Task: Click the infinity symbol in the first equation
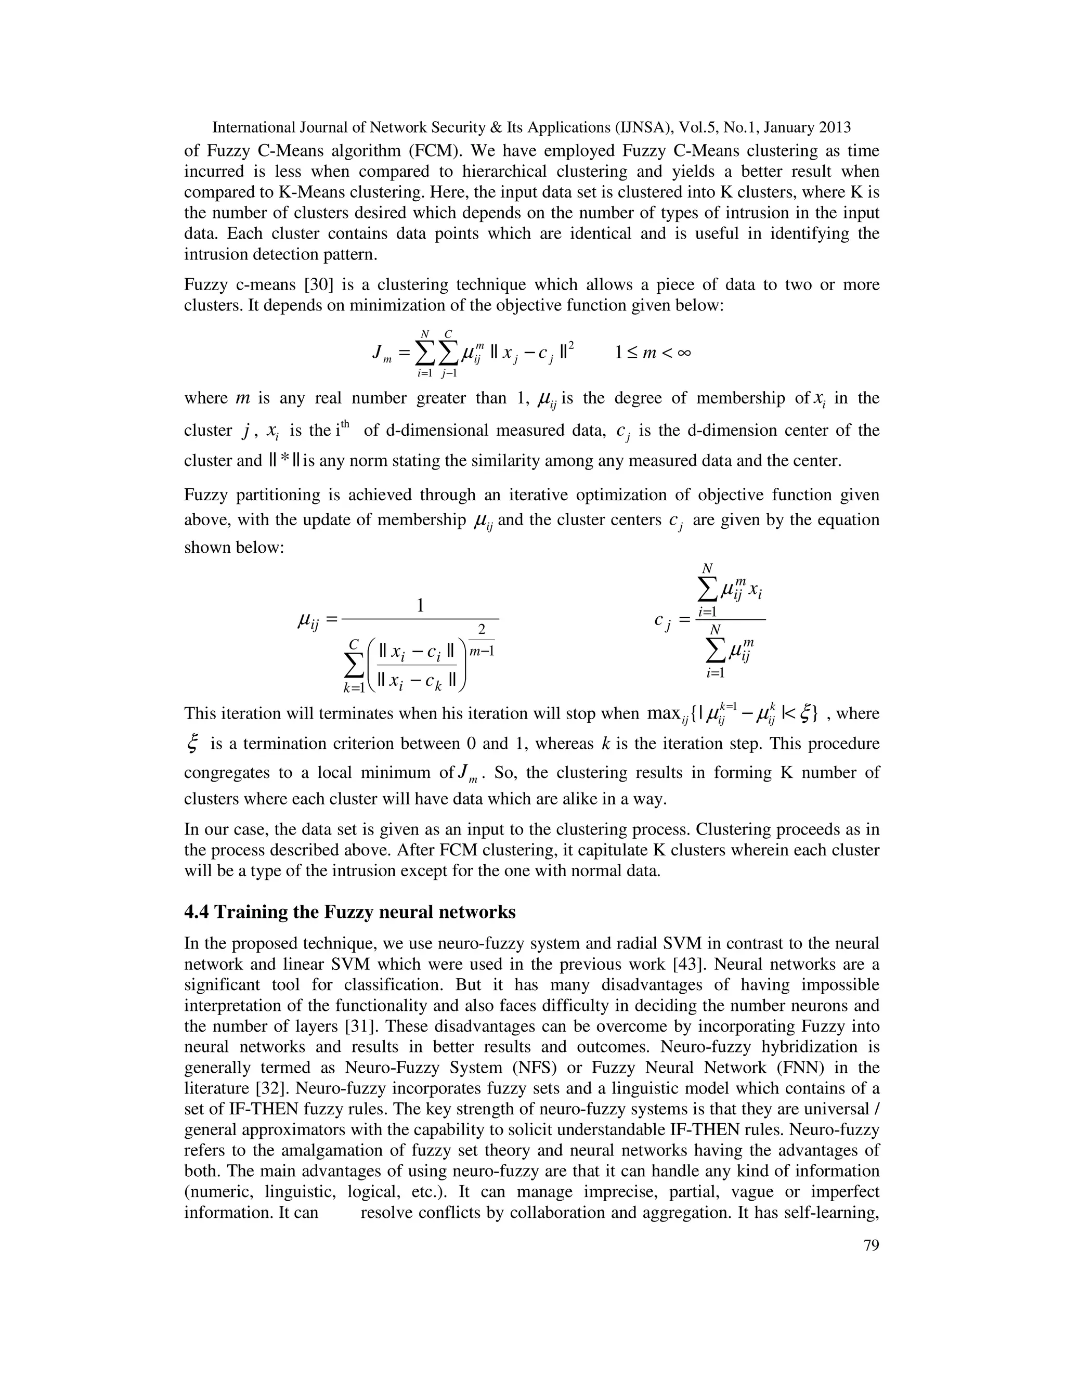683,353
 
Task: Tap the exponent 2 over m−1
482,630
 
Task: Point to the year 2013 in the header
834,127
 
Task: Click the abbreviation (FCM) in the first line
437,151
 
